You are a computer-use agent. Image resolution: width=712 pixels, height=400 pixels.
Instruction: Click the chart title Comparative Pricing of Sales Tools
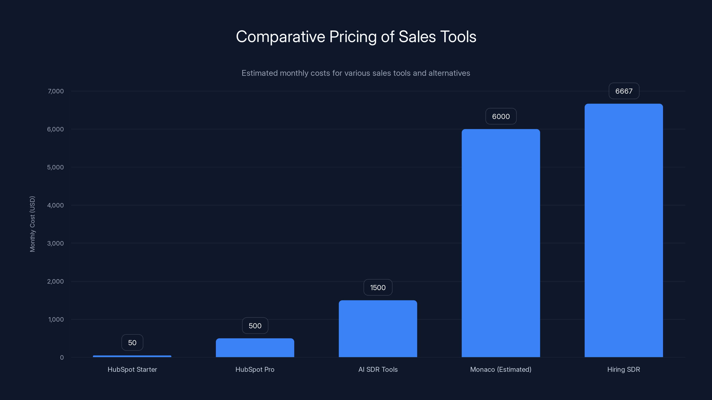356,37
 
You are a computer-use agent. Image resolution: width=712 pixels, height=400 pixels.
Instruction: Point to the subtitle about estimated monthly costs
356,73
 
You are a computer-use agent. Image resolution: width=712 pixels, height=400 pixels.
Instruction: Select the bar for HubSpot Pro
255,348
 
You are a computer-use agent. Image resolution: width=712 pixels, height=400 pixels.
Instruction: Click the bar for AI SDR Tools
378,328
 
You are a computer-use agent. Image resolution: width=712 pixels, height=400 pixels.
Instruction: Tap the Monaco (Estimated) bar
501,243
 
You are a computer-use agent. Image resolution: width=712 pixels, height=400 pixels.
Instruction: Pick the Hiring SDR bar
623,230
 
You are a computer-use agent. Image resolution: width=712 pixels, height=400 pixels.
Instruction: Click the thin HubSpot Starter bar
132,356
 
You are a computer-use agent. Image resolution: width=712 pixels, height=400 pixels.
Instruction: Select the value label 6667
624,91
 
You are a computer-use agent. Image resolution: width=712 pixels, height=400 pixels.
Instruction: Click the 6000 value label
501,116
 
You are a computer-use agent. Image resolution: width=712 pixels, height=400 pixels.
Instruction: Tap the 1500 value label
378,288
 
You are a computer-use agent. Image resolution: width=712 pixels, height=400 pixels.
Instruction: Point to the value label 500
255,326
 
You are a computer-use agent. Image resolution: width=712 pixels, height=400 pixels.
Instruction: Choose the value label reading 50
132,343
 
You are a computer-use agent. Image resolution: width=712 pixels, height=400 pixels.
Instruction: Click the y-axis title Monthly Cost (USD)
32,224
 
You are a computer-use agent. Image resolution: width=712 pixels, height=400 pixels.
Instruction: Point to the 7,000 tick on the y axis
56,91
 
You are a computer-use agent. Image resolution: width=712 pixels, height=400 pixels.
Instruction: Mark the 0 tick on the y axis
62,358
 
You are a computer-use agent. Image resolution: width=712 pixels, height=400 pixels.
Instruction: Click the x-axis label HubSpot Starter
132,369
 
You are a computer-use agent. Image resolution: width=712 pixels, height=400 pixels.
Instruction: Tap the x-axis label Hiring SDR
623,369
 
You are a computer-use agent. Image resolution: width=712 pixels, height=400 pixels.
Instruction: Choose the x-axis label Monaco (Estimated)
501,369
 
